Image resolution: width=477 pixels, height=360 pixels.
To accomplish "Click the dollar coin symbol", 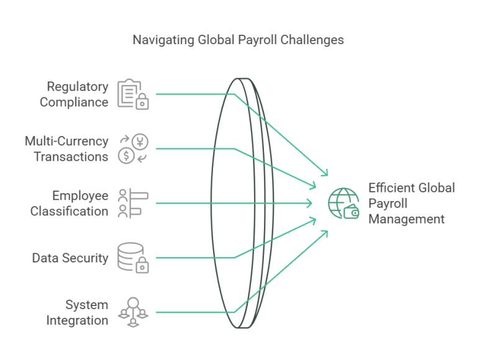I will [125, 156].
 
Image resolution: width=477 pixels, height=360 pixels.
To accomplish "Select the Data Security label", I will [70, 258].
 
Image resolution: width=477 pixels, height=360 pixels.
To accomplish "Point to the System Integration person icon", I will [132, 312].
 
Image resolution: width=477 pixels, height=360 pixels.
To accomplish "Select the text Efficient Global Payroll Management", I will [411, 204].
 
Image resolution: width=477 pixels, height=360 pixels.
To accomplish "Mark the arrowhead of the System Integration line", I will [325, 232].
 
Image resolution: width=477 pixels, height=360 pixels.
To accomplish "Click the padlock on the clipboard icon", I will [142, 102].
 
